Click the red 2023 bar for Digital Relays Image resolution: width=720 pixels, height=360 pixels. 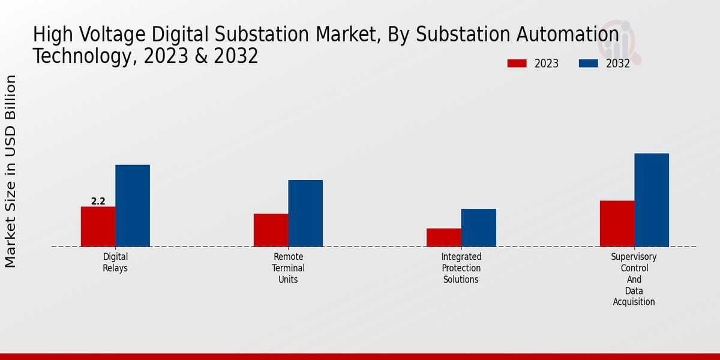point(98,226)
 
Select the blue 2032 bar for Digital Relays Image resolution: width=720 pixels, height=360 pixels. point(133,205)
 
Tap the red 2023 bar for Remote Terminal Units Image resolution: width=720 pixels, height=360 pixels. point(271,230)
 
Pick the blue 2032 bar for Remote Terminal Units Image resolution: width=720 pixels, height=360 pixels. point(305,213)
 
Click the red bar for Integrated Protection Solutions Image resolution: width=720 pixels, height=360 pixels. point(444,237)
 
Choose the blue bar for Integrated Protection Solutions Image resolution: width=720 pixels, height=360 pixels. point(479,227)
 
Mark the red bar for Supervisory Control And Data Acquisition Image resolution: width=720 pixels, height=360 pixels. point(617,223)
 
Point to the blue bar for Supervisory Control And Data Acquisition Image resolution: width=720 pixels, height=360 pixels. point(652,200)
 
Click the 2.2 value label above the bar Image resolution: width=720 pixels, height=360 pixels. point(98,202)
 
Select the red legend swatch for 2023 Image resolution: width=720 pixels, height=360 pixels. point(517,64)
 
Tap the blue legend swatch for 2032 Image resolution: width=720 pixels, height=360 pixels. point(589,64)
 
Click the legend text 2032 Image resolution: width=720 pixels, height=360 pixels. point(618,64)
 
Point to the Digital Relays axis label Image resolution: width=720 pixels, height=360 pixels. point(115,262)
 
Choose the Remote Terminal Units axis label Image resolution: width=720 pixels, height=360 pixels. point(288,268)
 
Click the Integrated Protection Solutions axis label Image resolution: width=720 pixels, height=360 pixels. point(461,268)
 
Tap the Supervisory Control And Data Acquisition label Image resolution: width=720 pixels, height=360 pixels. point(634,279)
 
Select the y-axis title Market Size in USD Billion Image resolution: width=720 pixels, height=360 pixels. point(11,172)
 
